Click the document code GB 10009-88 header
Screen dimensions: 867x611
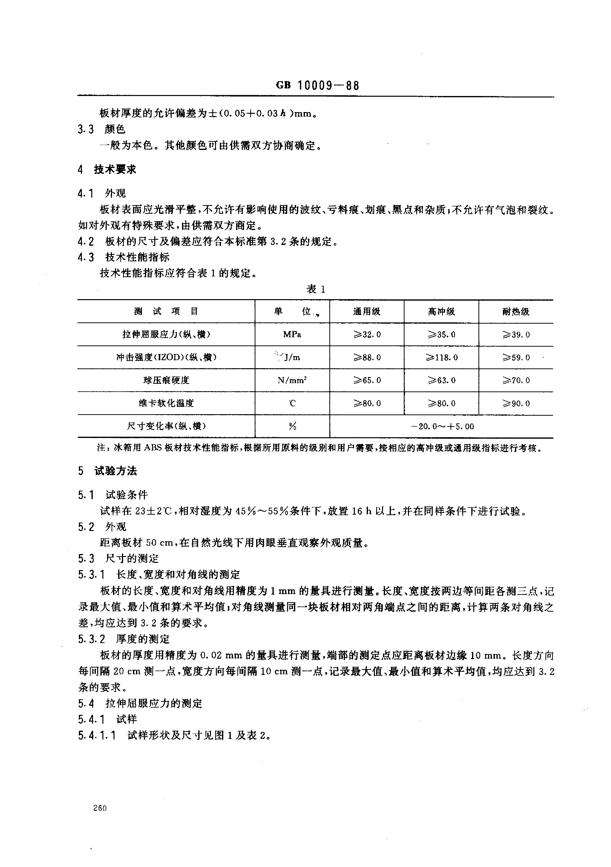[x=317, y=85]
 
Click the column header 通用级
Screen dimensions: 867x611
[x=366, y=312]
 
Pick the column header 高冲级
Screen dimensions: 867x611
[x=441, y=312]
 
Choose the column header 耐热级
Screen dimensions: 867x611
[x=516, y=312]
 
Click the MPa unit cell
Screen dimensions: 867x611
[x=292, y=335]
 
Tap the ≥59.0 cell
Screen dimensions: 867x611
[x=516, y=357]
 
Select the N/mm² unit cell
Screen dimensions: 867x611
[x=292, y=380]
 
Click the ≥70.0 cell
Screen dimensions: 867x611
[x=516, y=380]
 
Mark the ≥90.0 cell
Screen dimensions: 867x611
[x=516, y=403]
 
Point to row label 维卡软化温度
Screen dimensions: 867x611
[x=166, y=403]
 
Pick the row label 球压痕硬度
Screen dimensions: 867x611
[x=166, y=380]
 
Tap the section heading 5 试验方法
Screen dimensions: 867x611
[x=108, y=471]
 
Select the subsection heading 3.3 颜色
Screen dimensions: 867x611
[x=102, y=129]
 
